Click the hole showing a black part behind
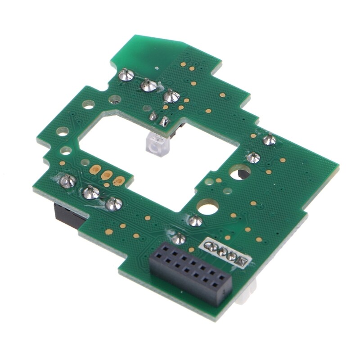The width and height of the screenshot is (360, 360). pos(238,172)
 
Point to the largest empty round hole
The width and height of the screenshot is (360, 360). pos(207,207)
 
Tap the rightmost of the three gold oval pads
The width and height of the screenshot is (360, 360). pos(118,180)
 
